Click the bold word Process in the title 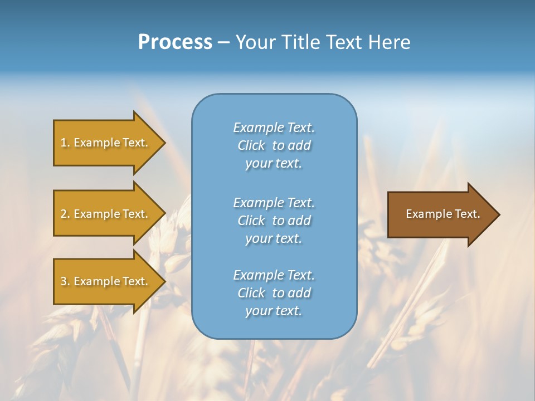(x=175, y=42)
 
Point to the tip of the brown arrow (x=498, y=214)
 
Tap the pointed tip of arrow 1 (x=164, y=143)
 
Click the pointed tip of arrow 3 (x=164, y=281)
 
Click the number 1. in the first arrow (x=65, y=143)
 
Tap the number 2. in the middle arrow (x=65, y=214)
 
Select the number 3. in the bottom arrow (x=65, y=281)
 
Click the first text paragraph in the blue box (x=274, y=145)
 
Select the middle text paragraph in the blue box (x=274, y=221)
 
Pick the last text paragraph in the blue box (x=274, y=293)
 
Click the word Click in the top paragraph (x=251, y=146)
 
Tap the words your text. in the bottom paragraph (x=274, y=311)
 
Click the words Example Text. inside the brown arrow (x=442, y=214)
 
